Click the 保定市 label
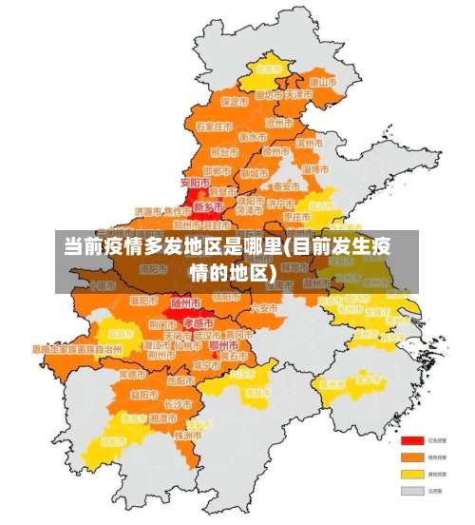[233, 101]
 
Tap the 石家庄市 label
[214, 126]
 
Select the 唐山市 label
[324, 82]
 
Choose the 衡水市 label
[253, 136]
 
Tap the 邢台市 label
[224, 151]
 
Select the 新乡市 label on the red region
[207, 205]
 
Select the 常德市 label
[132, 374]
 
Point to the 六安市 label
[263, 308]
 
